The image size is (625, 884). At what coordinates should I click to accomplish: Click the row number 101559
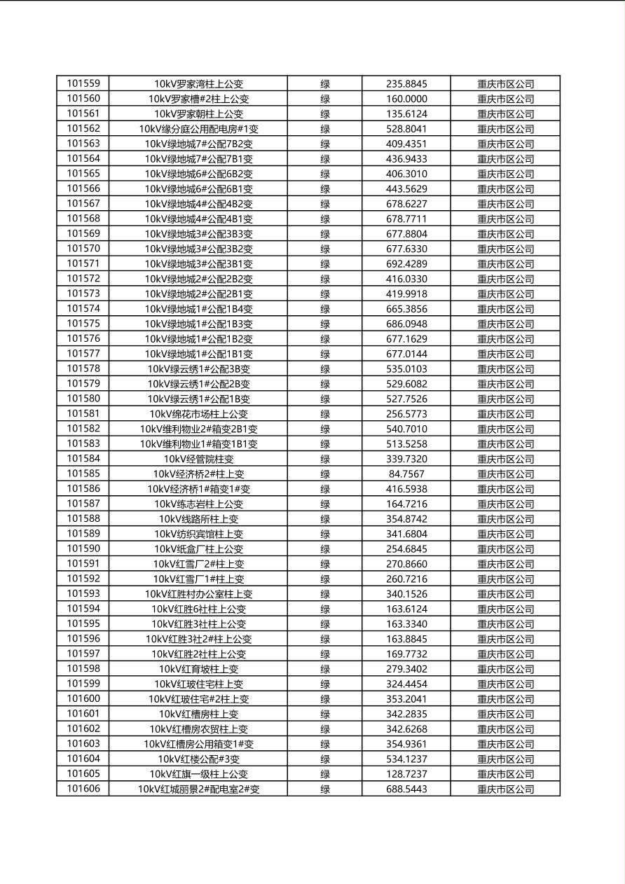click(83, 83)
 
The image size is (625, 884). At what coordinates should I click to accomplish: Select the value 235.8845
click(406, 84)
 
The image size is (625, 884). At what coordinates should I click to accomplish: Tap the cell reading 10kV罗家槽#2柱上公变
click(198, 99)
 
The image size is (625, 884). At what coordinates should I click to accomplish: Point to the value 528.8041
click(406, 129)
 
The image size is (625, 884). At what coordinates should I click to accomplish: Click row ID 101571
click(83, 263)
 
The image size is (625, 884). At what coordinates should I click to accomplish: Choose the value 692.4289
click(406, 264)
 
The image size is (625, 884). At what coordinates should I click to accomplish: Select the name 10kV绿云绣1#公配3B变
click(198, 369)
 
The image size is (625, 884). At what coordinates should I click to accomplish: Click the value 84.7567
click(406, 474)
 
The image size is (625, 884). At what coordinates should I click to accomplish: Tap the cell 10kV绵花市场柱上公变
click(198, 414)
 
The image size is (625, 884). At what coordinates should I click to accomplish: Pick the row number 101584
click(83, 459)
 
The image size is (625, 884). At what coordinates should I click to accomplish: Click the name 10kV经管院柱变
click(198, 460)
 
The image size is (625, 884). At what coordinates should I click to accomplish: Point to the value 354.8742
click(406, 519)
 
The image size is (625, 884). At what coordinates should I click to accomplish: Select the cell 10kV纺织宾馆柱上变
click(198, 534)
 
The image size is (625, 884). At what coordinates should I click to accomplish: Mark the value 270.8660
click(406, 564)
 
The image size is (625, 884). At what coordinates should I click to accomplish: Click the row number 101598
click(83, 669)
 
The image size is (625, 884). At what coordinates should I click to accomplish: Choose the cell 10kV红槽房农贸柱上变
click(198, 729)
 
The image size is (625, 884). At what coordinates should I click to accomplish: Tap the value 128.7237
click(406, 774)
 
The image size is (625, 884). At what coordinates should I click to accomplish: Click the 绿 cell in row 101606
click(325, 789)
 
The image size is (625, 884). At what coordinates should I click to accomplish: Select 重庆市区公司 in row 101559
click(505, 84)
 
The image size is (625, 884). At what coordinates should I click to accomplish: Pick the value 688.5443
click(406, 789)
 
